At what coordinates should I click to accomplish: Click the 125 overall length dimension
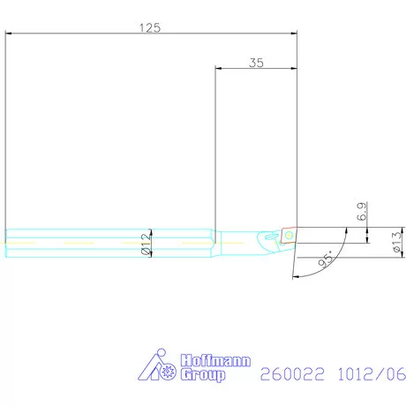click(x=150, y=27)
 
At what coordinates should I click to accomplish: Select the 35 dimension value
click(x=258, y=63)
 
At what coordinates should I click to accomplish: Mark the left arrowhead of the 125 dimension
click(x=9, y=35)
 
